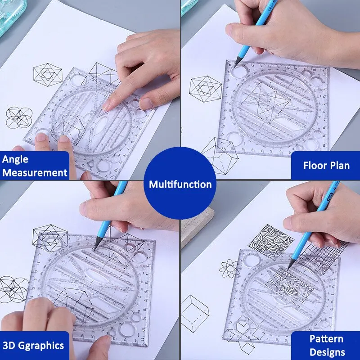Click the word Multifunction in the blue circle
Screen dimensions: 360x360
[180, 184]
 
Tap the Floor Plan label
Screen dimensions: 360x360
[326, 166]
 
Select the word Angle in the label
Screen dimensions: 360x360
[15, 159]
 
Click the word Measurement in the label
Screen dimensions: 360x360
[35, 173]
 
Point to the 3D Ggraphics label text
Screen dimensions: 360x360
[33, 346]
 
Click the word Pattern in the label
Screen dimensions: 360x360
[326, 339]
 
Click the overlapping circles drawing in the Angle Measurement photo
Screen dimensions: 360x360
[18, 118]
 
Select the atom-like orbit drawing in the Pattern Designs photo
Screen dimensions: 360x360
[229, 269]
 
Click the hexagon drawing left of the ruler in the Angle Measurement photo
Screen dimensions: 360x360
[47, 74]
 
